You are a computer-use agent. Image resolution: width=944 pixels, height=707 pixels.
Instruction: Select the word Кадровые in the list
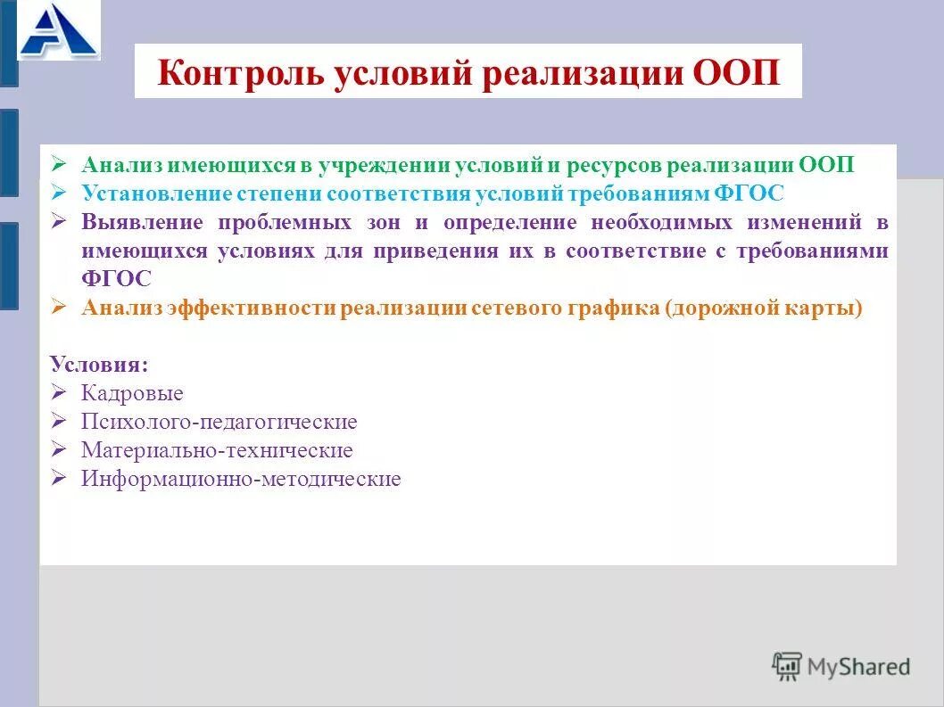(132, 393)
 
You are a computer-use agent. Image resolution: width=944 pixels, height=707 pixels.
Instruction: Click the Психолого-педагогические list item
(219, 422)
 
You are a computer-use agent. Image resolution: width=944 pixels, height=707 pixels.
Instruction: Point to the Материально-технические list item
(217, 450)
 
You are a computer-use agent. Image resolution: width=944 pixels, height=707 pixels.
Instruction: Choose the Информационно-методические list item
(241, 479)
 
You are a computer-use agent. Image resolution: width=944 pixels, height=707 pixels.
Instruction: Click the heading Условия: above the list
(100, 365)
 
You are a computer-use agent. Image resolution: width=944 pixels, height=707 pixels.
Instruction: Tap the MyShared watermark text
(858, 666)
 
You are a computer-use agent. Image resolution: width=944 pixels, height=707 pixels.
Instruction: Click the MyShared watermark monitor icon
(787, 666)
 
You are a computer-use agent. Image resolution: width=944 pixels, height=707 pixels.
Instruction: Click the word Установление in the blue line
(155, 193)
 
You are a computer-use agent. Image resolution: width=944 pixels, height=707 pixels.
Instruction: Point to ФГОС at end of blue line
(749, 193)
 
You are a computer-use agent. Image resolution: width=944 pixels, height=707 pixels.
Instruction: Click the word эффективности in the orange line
(253, 308)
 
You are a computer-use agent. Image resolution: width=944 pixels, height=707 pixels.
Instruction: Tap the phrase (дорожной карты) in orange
(764, 308)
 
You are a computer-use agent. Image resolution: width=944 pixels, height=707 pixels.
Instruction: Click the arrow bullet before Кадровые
(60, 392)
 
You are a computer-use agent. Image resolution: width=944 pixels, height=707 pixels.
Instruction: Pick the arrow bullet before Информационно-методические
(60, 478)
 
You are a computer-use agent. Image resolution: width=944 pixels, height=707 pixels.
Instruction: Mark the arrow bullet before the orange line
(60, 307)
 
